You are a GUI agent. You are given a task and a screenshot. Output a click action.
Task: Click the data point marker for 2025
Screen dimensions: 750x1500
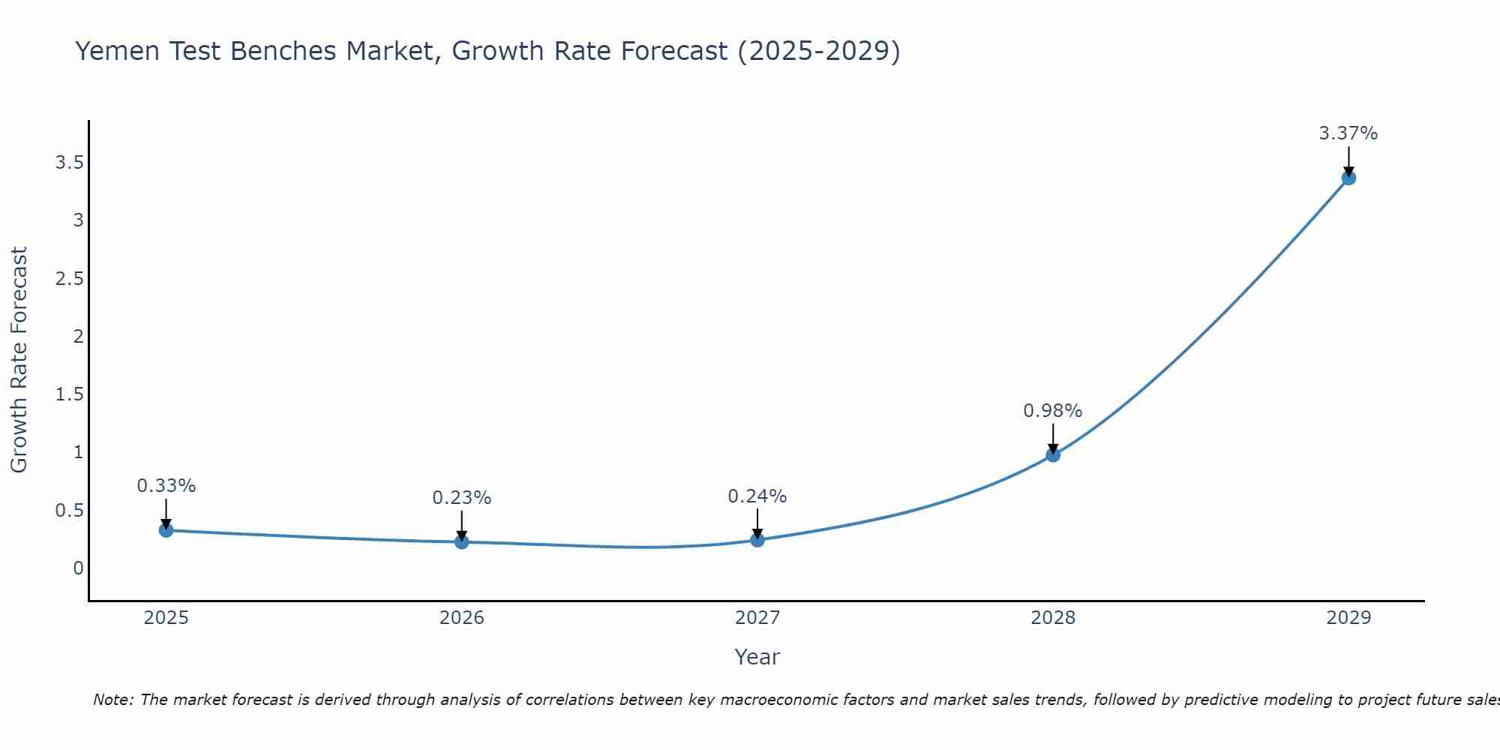(166, 530)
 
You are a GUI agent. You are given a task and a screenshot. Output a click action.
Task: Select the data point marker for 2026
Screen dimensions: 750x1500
(461, 541)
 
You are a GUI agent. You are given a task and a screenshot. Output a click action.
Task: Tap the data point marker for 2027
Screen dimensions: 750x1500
(757, 540)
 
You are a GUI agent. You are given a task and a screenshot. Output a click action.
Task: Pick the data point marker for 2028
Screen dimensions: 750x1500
(1053, 454)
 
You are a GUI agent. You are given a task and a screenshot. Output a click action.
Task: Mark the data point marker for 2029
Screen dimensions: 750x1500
(1348, 178)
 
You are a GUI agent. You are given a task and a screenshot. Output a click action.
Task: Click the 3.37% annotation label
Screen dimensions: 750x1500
(1348, 133)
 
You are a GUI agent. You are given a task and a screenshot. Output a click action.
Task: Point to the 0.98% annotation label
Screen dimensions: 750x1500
(1053, 411)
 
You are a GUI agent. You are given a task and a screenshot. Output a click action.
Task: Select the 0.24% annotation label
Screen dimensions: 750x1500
(757, 496)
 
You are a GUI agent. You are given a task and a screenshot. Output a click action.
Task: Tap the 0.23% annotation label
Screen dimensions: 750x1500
(461, 498)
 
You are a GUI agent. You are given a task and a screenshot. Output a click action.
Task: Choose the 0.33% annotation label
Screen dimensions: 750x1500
(166, 486)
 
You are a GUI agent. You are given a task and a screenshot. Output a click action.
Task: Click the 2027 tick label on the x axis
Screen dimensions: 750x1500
(757, 618)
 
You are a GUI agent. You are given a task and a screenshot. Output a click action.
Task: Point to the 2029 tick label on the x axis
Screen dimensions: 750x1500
(1348, 618)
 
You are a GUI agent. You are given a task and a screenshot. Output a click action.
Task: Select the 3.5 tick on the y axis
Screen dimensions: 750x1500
(69, 163)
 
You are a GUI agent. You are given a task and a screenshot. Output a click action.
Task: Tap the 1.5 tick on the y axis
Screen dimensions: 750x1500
(69, 394)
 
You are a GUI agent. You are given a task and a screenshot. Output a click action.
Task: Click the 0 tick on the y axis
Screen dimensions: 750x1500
(78, 568)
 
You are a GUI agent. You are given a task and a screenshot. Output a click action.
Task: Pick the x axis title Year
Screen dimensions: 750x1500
(757, 657)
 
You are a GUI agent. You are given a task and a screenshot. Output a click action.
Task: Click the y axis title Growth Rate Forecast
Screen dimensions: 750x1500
(19, 360)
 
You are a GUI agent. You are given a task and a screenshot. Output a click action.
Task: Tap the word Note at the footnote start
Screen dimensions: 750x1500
(112, 700)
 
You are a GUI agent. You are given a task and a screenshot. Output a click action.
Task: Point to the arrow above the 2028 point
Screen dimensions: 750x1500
(1053, 438)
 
